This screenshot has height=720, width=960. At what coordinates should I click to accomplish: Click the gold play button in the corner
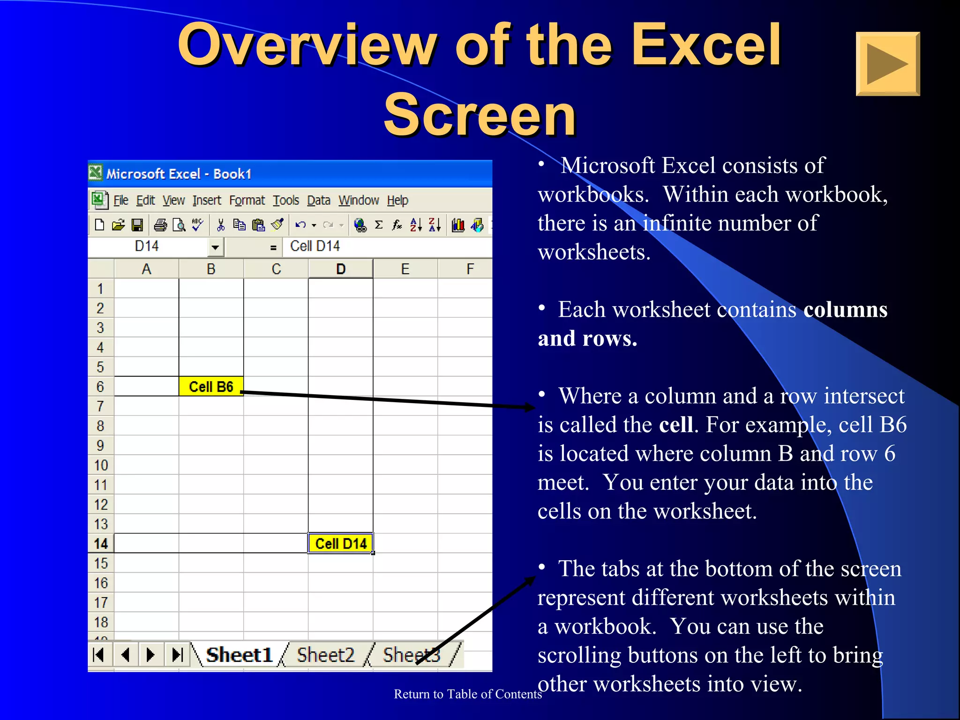click(x=887, y=64)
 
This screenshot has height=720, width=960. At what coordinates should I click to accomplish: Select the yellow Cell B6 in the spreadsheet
click(x=211, y=387)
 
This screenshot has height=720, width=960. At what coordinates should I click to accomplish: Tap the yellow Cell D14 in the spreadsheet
click(x=341, y=544)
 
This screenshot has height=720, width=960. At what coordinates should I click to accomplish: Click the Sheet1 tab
click(x=239, y=655)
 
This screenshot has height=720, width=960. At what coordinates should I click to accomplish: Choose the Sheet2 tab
click(x=326, y=655)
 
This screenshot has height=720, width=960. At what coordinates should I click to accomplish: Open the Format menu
click(x=247, y=201)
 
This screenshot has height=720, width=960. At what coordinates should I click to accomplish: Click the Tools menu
click(x=286, y=201)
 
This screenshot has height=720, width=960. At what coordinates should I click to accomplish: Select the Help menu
click(x=397, y=201)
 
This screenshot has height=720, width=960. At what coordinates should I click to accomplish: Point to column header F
click(x=470, y=269)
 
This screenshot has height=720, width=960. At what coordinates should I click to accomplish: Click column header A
click(x=146, y=269)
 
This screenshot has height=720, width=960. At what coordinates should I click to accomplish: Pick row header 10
click(x=101, y=465)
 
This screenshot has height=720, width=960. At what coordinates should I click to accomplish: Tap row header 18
click(x=101, y=622)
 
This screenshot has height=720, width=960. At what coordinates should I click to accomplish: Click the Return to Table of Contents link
click(x=467, y=694)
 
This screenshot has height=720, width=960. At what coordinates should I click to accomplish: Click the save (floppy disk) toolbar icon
click(x=137, y=225)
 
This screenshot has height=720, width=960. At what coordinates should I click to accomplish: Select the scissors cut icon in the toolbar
click(x=221, y=225)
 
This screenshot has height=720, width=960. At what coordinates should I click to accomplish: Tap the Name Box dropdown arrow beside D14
click(x=215, y=247)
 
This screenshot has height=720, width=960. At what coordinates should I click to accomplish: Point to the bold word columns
click(x=845, y=310)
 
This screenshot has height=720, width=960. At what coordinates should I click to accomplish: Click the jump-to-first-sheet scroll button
click(x=99, y=654)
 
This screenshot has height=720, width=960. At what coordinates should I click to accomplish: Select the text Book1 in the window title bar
click(x=232, y=174)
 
